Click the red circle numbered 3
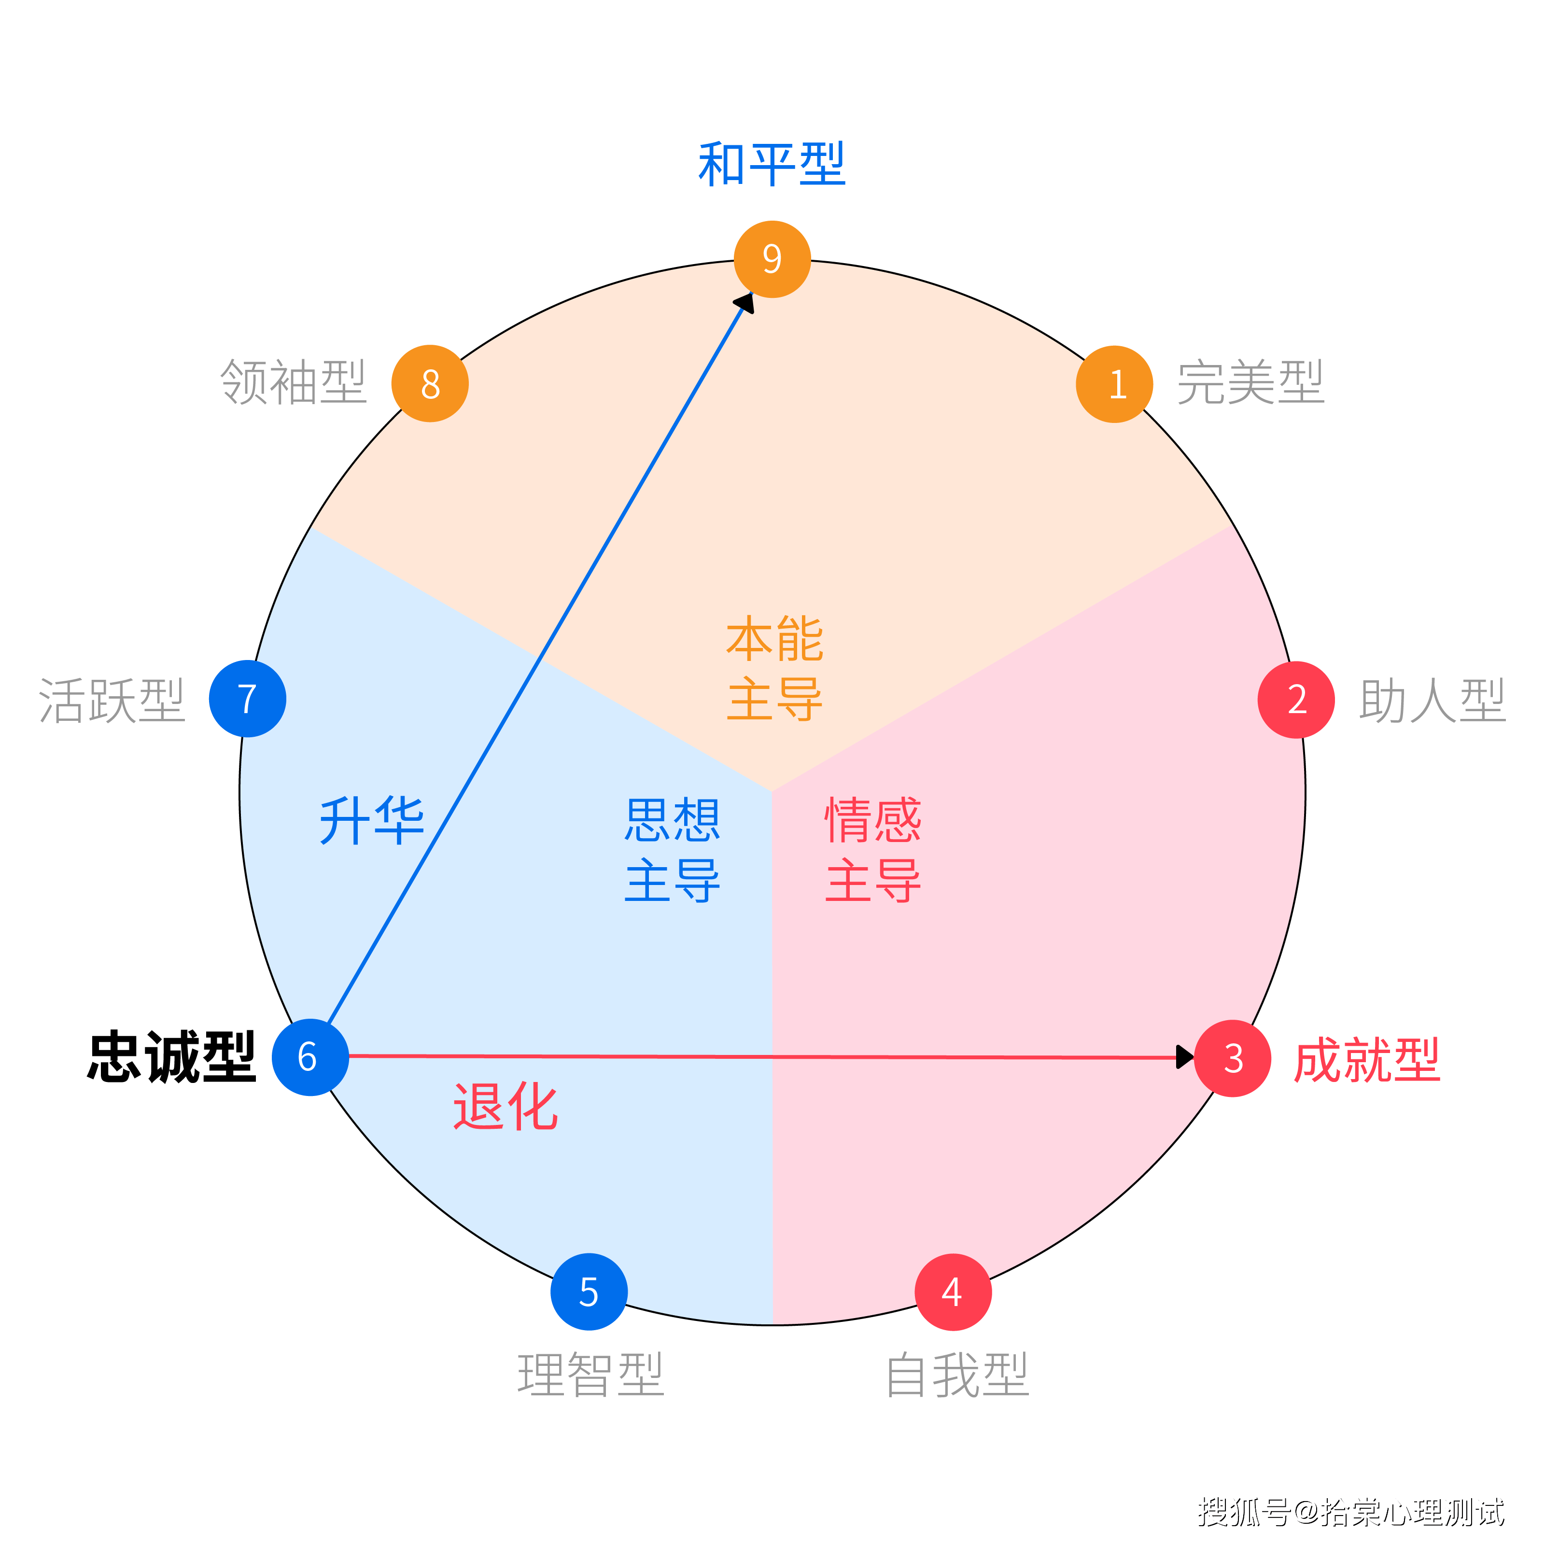tap(1232, 1058)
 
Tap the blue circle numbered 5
tap(589, 1292)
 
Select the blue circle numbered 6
tap(309, 1057)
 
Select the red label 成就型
tap(1367, 1060)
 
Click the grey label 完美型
tap(1250, 383)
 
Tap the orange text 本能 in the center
tap(774, 640)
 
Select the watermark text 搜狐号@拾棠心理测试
tap(1350, 1511)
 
